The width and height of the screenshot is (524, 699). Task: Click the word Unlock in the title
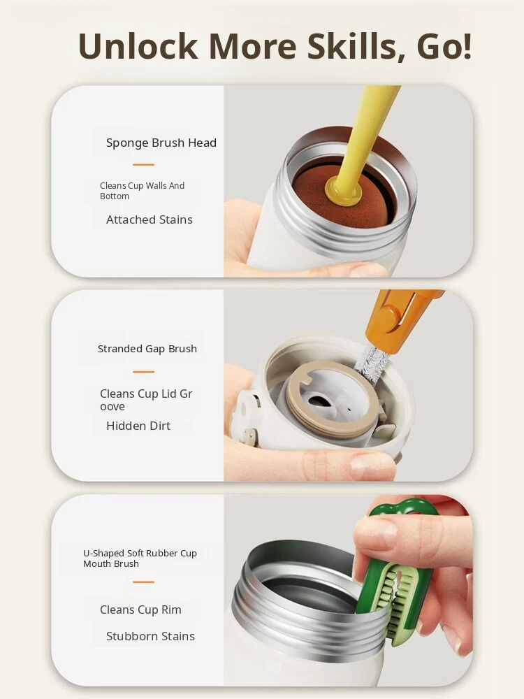(x=138, y=46)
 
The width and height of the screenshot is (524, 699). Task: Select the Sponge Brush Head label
(x=161, y=143)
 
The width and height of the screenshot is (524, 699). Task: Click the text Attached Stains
(x=150, y=219)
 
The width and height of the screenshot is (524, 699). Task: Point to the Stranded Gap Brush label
(x=147, y=349)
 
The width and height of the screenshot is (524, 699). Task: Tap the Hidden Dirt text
(x=138, y=426)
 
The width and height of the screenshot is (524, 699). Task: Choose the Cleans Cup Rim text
(x=140, y=610)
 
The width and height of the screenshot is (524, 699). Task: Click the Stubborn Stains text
(x=150, y=636)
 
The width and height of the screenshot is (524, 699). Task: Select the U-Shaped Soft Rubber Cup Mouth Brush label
(x=140, y=558)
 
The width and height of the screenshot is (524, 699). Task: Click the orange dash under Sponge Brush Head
(x=143, y=165)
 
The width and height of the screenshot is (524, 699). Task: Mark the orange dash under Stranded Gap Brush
(x=143, y=372)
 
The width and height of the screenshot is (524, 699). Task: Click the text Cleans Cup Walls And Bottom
(x=142, y=191)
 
